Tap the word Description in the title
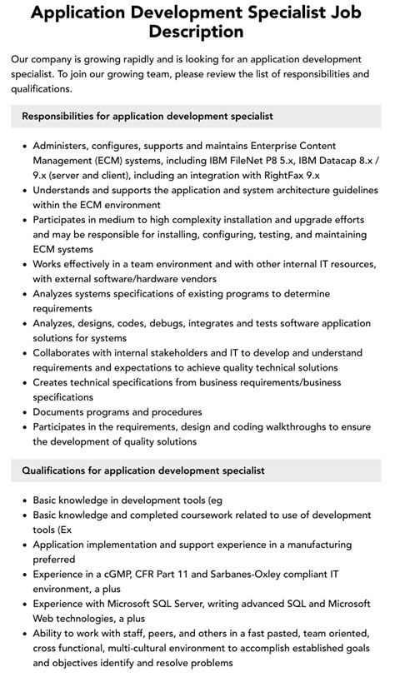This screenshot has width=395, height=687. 197,32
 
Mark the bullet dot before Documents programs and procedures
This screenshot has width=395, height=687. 24,412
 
